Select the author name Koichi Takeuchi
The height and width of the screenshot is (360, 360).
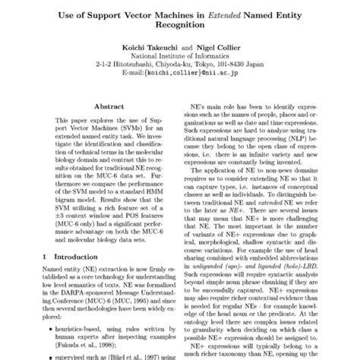pos(143,46)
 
